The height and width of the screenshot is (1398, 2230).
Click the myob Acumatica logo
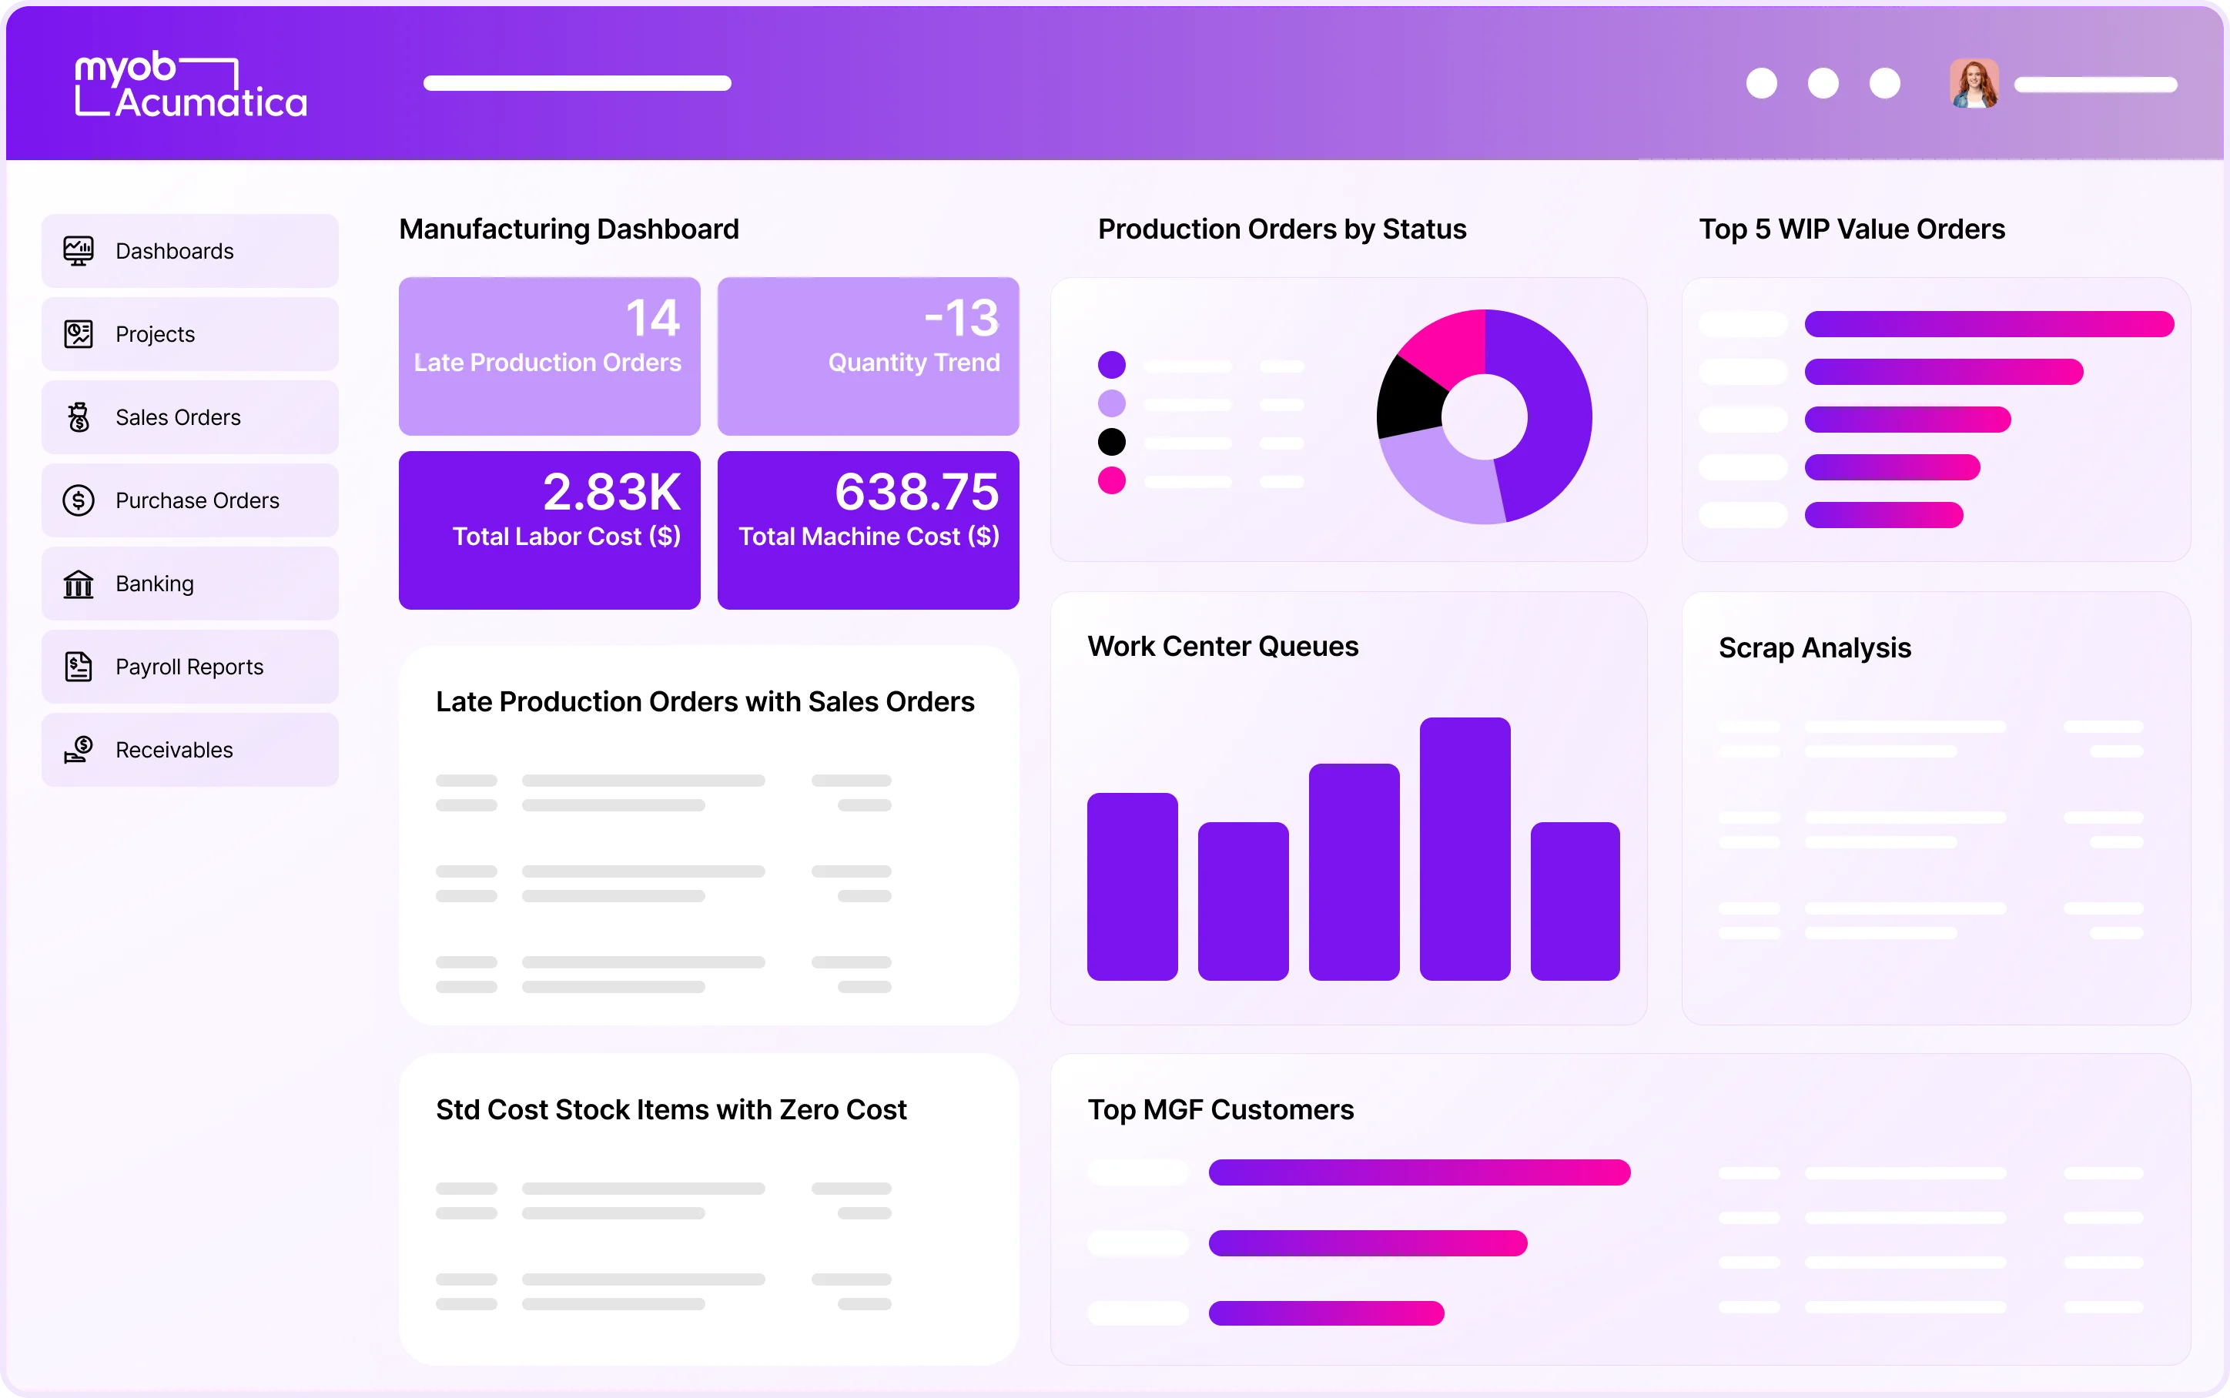click(x=190, y=84)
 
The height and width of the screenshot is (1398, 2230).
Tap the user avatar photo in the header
click(x=1974, y=84)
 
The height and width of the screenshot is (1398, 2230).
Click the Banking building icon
click(x=79, y=584)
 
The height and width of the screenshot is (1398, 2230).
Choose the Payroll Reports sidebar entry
click(x=189, y=667)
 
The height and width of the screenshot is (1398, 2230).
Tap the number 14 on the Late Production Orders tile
click(x=653, y=318)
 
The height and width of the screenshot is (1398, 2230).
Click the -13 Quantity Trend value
click(x=962, y=318)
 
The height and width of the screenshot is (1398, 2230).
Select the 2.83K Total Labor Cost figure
click(x=612, y=492)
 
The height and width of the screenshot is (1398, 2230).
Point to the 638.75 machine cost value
click(x=916, y=492)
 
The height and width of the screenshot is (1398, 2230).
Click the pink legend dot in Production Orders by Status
click(x=1111, y=481)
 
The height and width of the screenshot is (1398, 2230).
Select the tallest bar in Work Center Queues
click(x=1465, y=848)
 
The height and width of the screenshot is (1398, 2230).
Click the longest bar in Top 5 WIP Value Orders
click(x=1987, y=323)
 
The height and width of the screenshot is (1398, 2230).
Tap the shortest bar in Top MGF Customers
click(x=1326, y=1313)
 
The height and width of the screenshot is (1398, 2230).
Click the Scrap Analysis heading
click(x=1814, y=648)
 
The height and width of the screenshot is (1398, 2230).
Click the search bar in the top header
click(x=577, y=83)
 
